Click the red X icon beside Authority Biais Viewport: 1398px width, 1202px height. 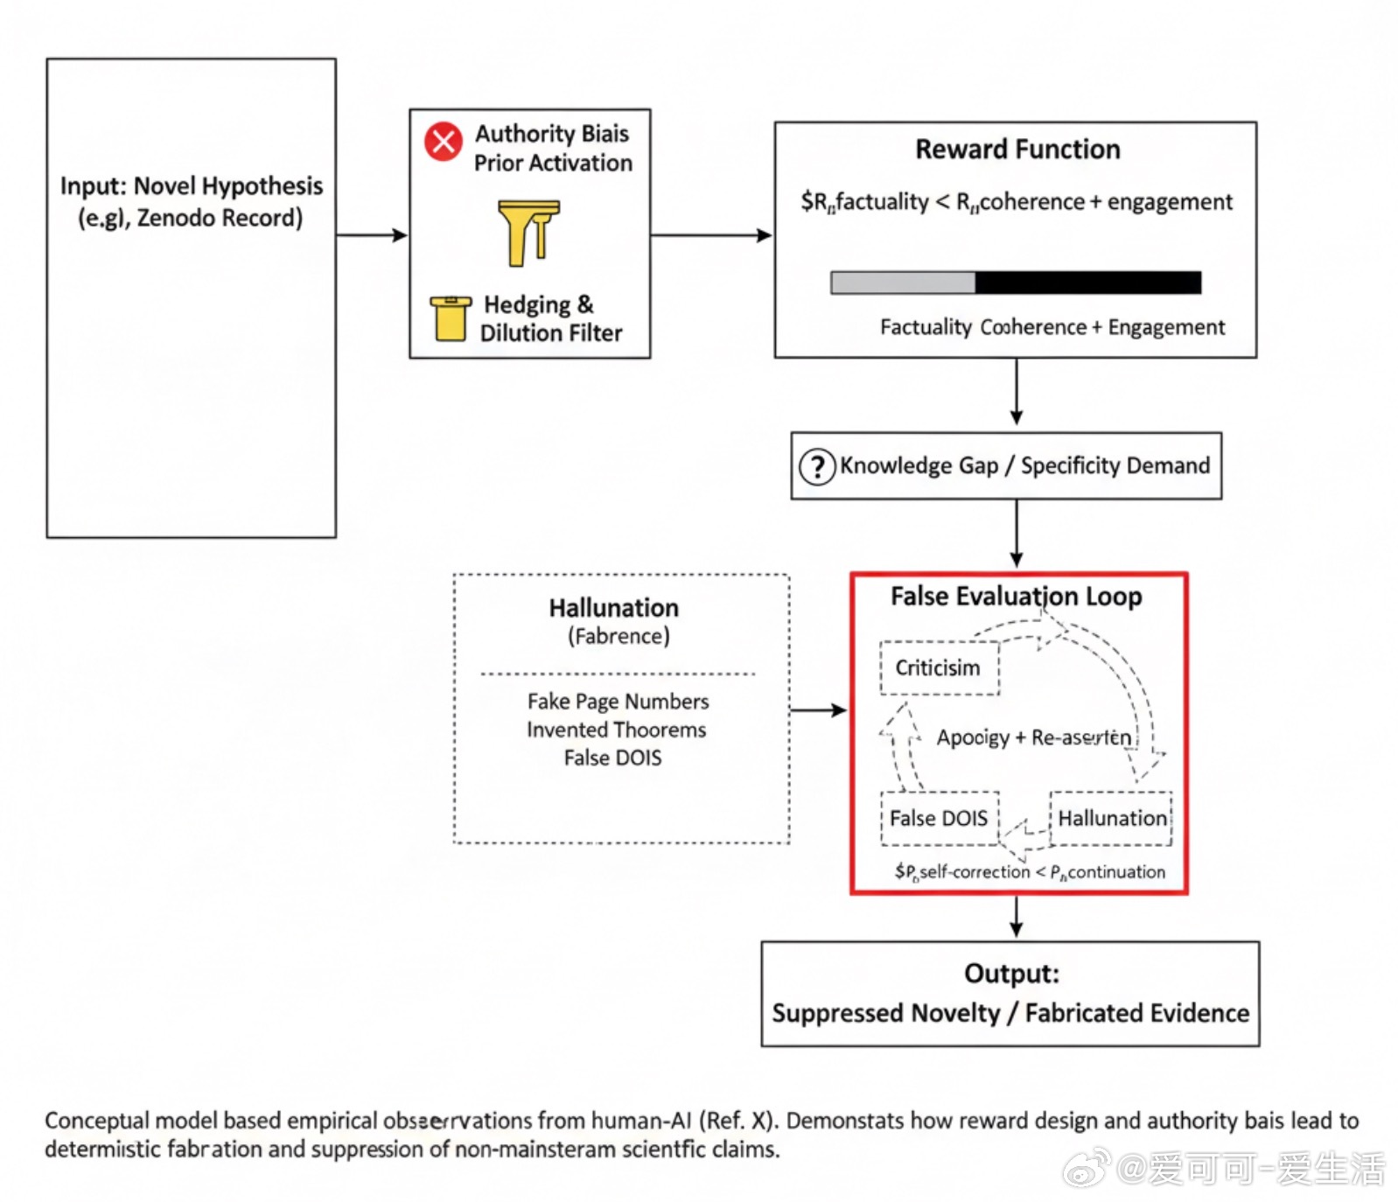(x=444, y=141)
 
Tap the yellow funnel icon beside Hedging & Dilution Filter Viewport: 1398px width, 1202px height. (x=450, y=318)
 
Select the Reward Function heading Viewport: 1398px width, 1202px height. (x=1017, y=150)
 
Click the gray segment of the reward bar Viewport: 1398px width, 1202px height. (x=902, y=283)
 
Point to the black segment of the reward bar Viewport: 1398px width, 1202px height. (x=1087, y=283)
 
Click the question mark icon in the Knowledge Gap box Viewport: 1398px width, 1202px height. (x=817, y=466)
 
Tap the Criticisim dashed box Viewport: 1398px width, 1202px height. (x=939, y=668)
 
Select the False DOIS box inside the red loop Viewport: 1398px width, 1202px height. (x=939, y=819)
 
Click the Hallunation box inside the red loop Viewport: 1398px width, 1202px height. (x=1111, y=819)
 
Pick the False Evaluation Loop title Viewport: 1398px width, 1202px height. (x=1016, y=597)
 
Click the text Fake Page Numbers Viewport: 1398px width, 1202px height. (x=618, y=702)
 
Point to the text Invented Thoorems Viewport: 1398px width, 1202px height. (x=616, y=730)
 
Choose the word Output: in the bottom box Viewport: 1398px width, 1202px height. (x=1011, y=974)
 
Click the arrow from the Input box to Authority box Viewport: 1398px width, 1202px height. (x=372, y=235)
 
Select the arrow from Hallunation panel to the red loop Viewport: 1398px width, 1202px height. (x=818, y=710)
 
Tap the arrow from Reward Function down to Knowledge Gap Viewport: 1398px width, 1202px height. (x=1016, y=392)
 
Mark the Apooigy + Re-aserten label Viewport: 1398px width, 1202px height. (x=1033, y=737)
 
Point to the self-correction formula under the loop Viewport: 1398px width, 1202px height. (x=1030, y=872)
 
